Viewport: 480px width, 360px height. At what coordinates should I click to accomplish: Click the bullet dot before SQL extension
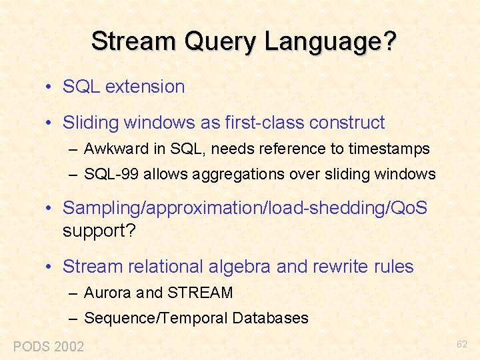49,87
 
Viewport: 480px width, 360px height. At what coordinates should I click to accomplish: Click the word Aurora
107,293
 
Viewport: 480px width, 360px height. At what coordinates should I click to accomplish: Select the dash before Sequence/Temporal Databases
73,319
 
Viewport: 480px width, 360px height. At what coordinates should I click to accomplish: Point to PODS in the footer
31,347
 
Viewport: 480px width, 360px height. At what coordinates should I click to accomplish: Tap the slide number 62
462,345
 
